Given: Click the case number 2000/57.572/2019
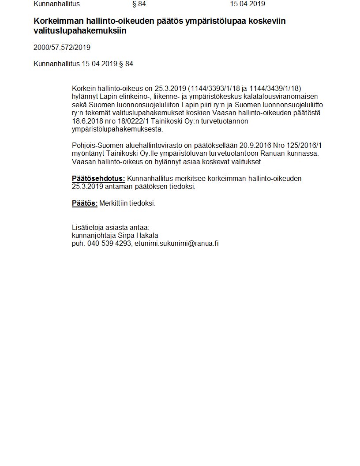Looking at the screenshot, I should tap(62, 47).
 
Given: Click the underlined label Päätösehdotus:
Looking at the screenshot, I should tap(98, 178).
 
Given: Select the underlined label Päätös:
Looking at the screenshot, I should tap(85, 203).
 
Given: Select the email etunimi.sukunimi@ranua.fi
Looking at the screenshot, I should tap(176, 243).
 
